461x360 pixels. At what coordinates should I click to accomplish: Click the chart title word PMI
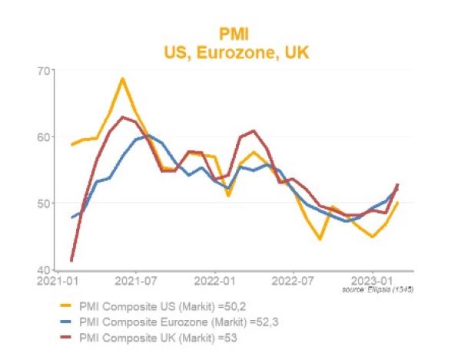pos(230,35)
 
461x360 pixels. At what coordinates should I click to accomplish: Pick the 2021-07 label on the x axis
pos(137,280)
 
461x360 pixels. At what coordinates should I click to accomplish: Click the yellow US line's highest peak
pos(122,78)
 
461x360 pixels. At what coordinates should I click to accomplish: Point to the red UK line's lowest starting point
pos(71,260)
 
